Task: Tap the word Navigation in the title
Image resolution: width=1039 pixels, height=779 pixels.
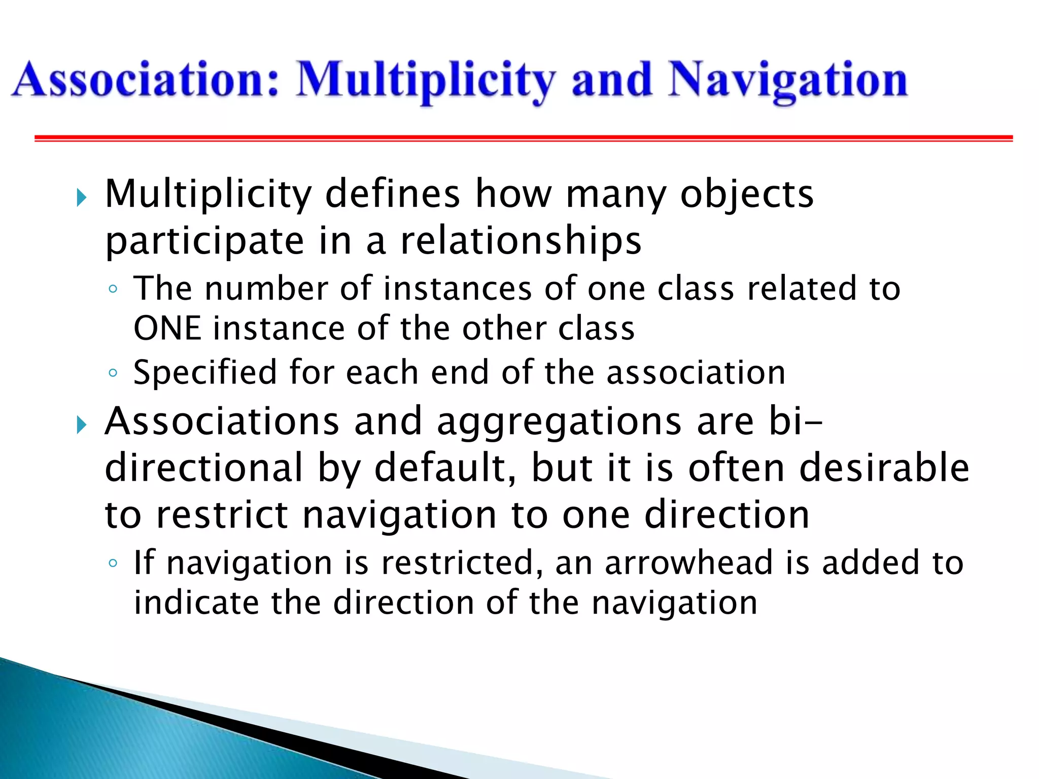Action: pyautogui.click(x=787, y=80)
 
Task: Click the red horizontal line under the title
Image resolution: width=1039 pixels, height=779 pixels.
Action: pyautogui.click(x=523, y=138)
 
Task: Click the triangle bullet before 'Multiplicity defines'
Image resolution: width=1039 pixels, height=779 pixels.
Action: pyautogui.click(x=82, y=197)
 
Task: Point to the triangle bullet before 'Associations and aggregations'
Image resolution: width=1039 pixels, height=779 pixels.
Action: pyautogui.click(x=82, y=424)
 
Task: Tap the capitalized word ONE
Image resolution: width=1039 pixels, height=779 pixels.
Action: pyautogui.click(x=167, y=328)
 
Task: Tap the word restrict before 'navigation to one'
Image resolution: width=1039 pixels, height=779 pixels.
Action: pyautogui.click(x=222, y=515)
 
